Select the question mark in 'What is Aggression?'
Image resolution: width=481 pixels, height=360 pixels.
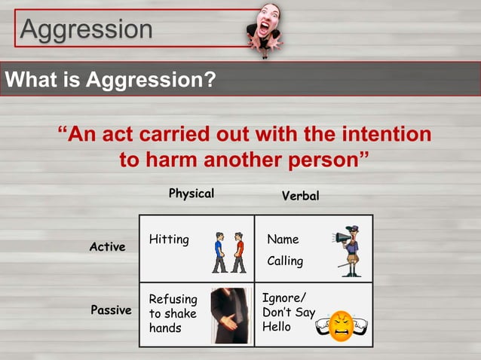(210, 79)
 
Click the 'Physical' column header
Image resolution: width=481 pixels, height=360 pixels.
(191, 194)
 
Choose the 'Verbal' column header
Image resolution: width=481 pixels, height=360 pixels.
(300, 196)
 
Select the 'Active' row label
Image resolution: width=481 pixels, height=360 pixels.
(107, 247)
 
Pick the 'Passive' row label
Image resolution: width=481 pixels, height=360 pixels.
(111, 310)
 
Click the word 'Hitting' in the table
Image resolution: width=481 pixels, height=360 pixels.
(169, 239)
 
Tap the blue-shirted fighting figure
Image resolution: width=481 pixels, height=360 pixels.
(219, 252)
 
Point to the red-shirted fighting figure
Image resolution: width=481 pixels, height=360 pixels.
(239, 252)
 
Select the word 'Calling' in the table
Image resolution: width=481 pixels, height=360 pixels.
(285, 261)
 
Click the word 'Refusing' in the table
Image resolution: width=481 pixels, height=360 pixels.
(173, 299)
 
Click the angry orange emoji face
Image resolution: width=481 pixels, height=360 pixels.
(342, 325)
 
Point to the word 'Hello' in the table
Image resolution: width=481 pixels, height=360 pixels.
(276, 328)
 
